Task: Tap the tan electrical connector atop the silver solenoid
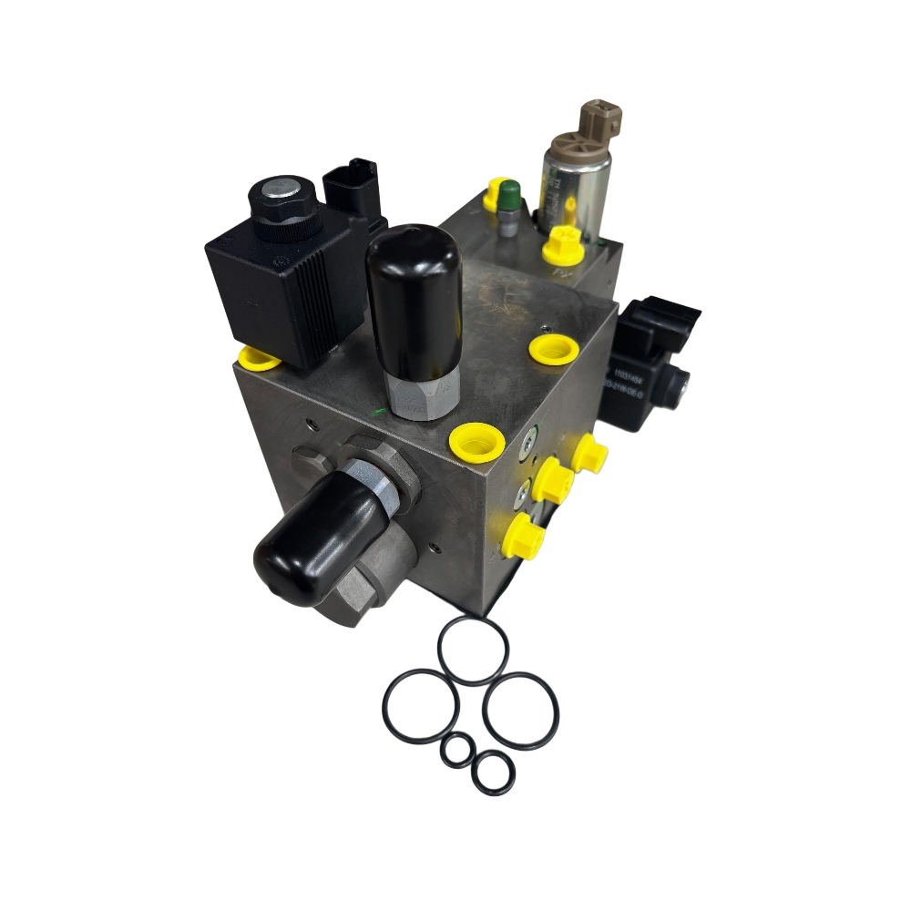(x=599, y=122)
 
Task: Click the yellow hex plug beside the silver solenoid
(x=562, y=245)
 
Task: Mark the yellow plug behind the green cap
(x=495, y=193)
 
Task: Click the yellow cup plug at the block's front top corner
(x=478, y=441)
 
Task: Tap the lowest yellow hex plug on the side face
(x=524, y=537)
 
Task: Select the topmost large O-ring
(x=473, y=650)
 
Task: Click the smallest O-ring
(x=456, y=752)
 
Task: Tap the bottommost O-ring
(x=493, y=773)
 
